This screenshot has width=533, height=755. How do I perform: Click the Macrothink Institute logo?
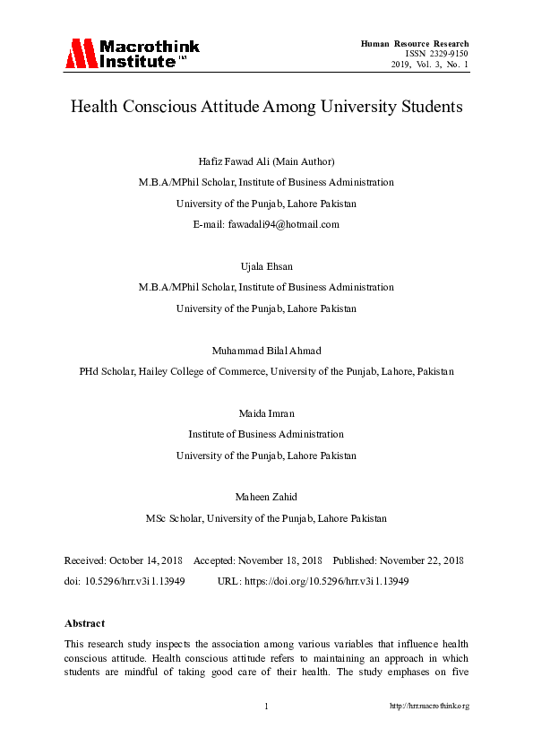[x=132, y=54]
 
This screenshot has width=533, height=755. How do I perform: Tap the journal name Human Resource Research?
[x=415, y=43]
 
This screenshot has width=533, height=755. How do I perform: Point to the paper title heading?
[x=266, y=107]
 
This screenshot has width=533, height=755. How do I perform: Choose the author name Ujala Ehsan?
[x=266, y=266]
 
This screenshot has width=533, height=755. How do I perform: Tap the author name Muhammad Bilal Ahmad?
[x=266, y=350]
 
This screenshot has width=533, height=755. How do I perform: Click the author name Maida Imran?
[x=266, y=413]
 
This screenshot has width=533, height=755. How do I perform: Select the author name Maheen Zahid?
[x=266, y=498]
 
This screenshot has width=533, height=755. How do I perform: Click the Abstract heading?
[x=84, y=623]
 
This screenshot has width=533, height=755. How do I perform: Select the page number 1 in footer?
[x=266, y=707]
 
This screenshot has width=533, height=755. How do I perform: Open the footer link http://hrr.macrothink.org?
[x=429, y=707]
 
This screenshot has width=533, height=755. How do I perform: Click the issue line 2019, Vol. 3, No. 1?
[x=430, y=65]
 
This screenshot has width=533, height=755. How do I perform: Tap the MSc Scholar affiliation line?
[x=266, y=518]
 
